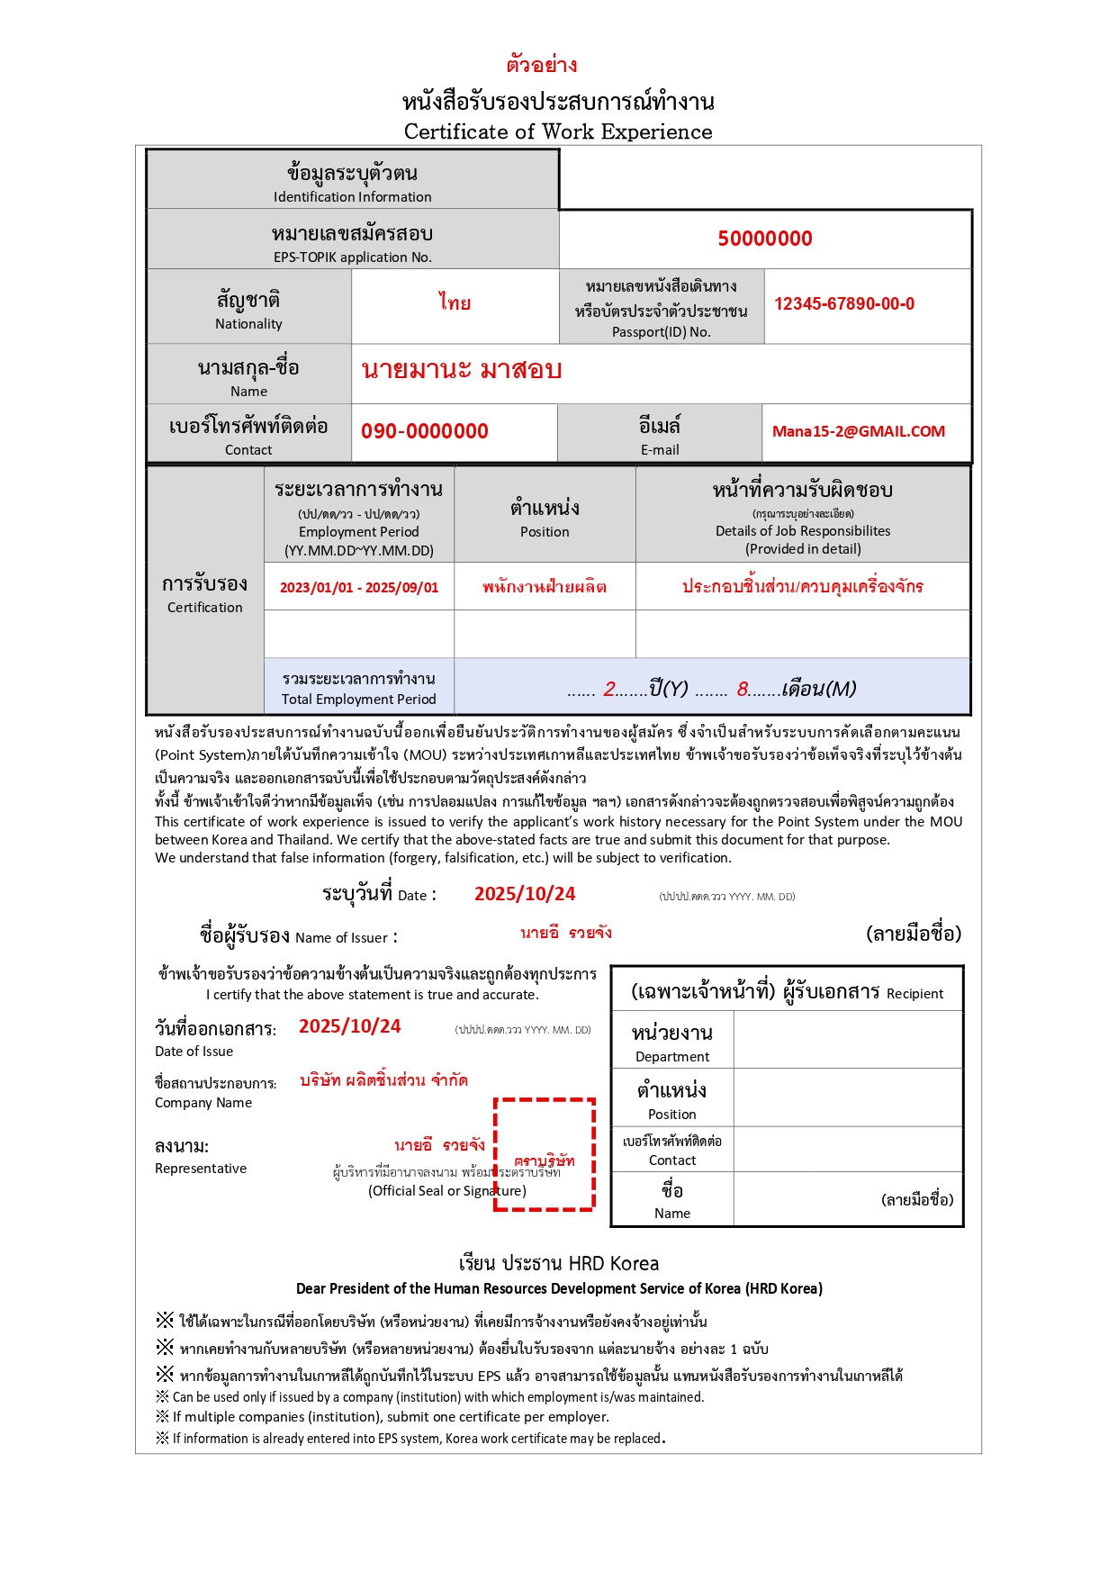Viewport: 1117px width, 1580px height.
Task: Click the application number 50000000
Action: coord(764,239)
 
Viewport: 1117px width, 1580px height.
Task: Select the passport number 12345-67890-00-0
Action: coord(843,304)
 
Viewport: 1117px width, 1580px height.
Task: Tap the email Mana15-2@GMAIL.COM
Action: coord(858,431)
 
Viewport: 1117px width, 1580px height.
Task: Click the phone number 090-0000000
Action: coord(424,431)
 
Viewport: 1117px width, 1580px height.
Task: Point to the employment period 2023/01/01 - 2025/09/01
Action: coord(358,588)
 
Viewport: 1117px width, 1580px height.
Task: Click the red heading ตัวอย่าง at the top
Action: coord(541,65)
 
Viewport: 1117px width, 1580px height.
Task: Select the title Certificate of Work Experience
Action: coord(557,131)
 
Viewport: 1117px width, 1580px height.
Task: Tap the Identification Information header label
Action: coord(352,197)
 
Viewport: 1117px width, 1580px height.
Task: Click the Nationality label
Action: coord(248,324)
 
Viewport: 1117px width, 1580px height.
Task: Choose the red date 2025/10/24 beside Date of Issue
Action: coord(349,1026)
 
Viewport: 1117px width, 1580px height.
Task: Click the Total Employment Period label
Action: coord(358,700)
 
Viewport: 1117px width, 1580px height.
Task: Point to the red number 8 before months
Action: coord(743,690)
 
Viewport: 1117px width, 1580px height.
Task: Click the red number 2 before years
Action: coord(609,690)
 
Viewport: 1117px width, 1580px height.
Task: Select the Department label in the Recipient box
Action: coord(671,1057)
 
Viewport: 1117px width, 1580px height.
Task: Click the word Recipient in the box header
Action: coord(914,994)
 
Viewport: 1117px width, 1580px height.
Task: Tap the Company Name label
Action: coord(203,1103)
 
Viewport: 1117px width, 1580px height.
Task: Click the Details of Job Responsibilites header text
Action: coord(802,531)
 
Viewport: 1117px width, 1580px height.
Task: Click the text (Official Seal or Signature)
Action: coord(446,1191)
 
